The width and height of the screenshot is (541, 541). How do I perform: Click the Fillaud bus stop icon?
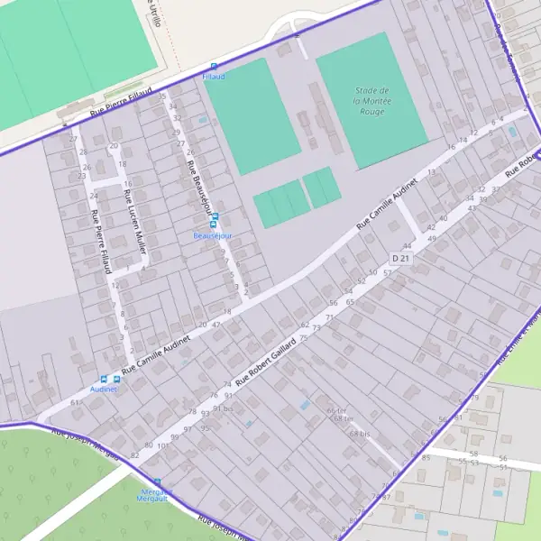(214, 67)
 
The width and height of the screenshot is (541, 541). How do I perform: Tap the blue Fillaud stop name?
(214, 78)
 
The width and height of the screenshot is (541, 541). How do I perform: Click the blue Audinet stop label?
(105, 390)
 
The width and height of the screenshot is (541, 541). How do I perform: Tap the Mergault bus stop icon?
(157, 482)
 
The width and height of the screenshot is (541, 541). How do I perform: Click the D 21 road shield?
(401, 259)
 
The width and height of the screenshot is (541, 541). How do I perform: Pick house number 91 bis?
(223, 408)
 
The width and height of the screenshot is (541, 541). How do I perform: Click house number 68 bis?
(360, 434)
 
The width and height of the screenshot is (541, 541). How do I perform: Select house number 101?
(163, 445)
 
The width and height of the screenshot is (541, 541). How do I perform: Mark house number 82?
(135, 456)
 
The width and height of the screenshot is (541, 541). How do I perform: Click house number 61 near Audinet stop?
(74, 402)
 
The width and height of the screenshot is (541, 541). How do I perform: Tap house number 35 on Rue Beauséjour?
(162, 96)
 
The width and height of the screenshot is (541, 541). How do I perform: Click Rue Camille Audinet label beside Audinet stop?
(158, 351)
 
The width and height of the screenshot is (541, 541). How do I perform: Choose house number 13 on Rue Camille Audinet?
(431, 170)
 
